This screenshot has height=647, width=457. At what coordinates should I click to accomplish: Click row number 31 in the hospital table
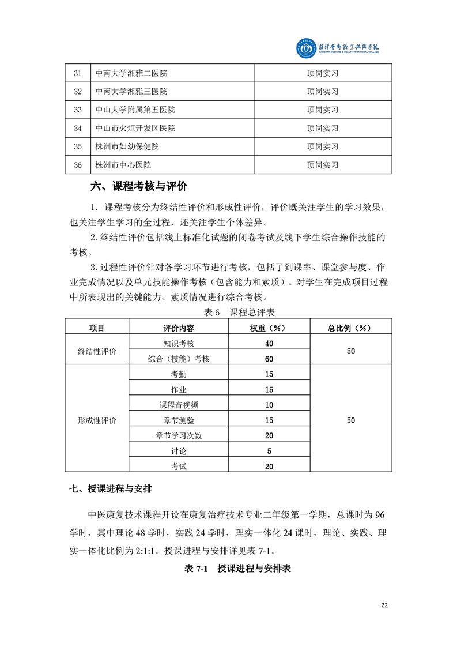[x=78, y=73]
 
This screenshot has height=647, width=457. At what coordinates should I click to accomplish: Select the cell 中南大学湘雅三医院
[x=131, y=91]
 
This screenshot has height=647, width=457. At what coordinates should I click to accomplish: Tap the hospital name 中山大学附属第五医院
[x=135, y=110]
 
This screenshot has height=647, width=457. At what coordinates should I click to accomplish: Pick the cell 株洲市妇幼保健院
[x=127, y=146]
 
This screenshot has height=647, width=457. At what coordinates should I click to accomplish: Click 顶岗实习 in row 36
[x=322, y=165]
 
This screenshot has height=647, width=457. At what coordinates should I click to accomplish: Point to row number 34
[x=78, y=128]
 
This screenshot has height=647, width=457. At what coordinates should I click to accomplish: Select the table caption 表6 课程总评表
[x=239, y=312]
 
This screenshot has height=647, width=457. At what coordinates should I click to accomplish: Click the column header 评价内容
[x=179, y=328]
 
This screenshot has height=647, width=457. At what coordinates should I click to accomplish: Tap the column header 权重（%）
[x=269, y=328]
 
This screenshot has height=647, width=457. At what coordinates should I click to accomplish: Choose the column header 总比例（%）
[x=351, y=328]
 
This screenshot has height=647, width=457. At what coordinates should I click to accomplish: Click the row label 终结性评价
[x=97, y=351]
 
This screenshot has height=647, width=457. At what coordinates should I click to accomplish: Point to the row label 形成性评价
[x=97, y=420]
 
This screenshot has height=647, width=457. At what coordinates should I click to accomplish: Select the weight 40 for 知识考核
[x=269, y=343]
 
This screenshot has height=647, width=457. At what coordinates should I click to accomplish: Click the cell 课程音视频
[x=179, y=405]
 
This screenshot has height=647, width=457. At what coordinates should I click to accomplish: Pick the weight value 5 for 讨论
[x=269, y=451]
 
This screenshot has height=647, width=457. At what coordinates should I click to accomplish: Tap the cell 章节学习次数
[x=179, y=435]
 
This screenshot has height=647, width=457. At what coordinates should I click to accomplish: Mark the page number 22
[x=384, y=605]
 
